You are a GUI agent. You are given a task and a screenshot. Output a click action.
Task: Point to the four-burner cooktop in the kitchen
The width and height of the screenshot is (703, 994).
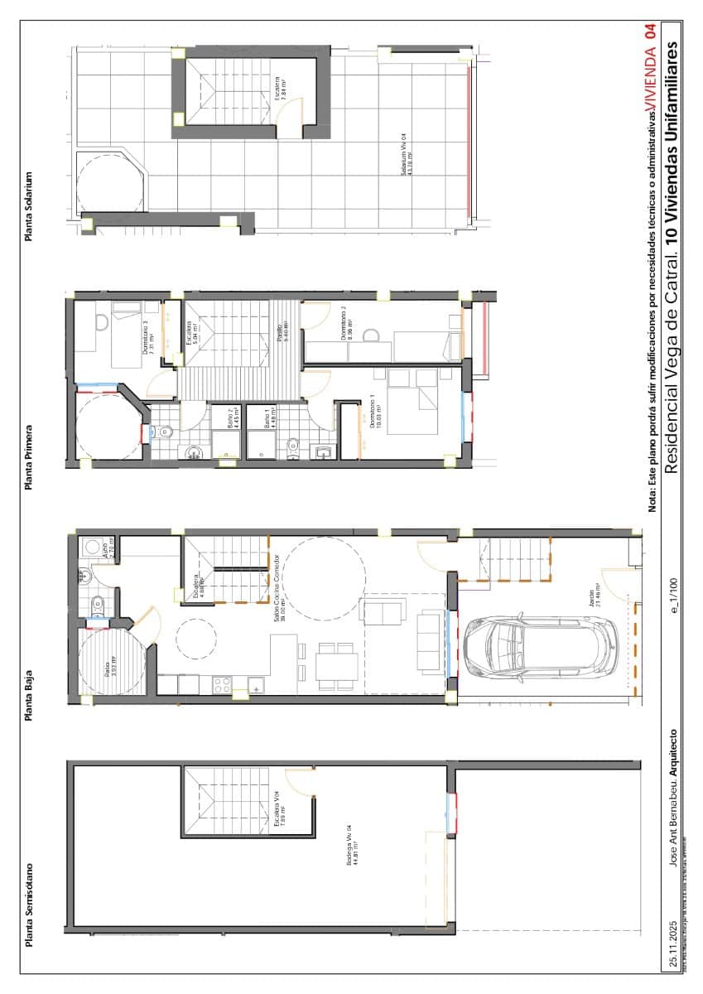(x=223, y=684)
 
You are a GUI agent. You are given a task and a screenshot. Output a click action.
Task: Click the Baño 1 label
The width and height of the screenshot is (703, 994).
(x=267, y=416)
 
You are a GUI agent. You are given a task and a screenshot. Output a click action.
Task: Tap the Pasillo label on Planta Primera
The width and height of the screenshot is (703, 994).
(x=282, y=334)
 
